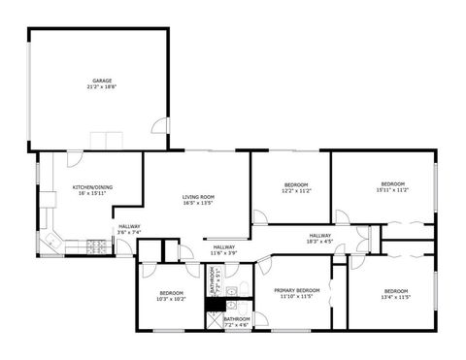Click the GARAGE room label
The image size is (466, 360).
click(102, 80)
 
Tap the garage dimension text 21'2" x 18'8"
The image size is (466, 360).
click(102, 86)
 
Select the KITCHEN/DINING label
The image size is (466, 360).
click(93, 186)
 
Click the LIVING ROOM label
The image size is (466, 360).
click(198, 197)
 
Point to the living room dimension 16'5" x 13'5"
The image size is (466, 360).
click(198, 204)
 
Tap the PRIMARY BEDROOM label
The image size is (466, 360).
click(296, 290)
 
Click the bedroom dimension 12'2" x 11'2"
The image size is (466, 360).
click(296, 191)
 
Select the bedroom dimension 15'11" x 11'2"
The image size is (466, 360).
click(392, 190)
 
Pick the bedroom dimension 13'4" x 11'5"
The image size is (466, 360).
click(396, 297)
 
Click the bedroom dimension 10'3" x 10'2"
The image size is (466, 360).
click(171, 299)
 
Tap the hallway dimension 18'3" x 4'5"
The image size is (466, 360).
click(320, 241)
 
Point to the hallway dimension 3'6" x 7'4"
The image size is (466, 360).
click(129, 233)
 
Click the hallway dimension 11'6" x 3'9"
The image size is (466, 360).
click(224, 253)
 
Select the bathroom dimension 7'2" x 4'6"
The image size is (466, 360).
click(237, 325)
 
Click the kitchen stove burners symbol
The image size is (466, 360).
click(97, 246)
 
